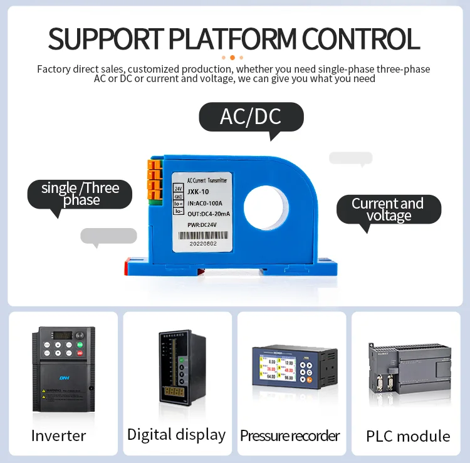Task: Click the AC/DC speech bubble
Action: pyautogui.click(x=251, y=117)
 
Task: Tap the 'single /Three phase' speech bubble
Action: pyautogui.click(x=81, y=194)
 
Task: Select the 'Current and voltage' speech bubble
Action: pyautogui.click(x=388, y=209)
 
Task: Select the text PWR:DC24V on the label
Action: pyautogui.click(x=202, y=224)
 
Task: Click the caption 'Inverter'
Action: pyautogui.click(x=58, y=435)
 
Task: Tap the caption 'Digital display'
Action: pyautogui.click(x=176, y=434)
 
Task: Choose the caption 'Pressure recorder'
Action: pyautogui.click(x=290, y=435)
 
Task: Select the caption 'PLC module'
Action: pyautogui.click(x=408, y=436)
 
